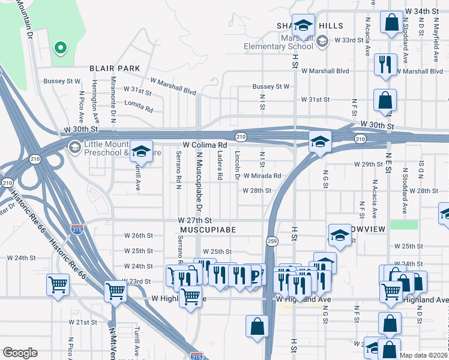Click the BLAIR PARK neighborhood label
click(115, 68)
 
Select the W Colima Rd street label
click(205, 145)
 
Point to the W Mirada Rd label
click(262, 176)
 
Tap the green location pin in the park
click(59, 47)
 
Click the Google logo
click(20, 353)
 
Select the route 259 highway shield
click(271, 241)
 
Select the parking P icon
click(256, 275)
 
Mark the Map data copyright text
click(424, 355)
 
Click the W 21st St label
click(83, 322)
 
